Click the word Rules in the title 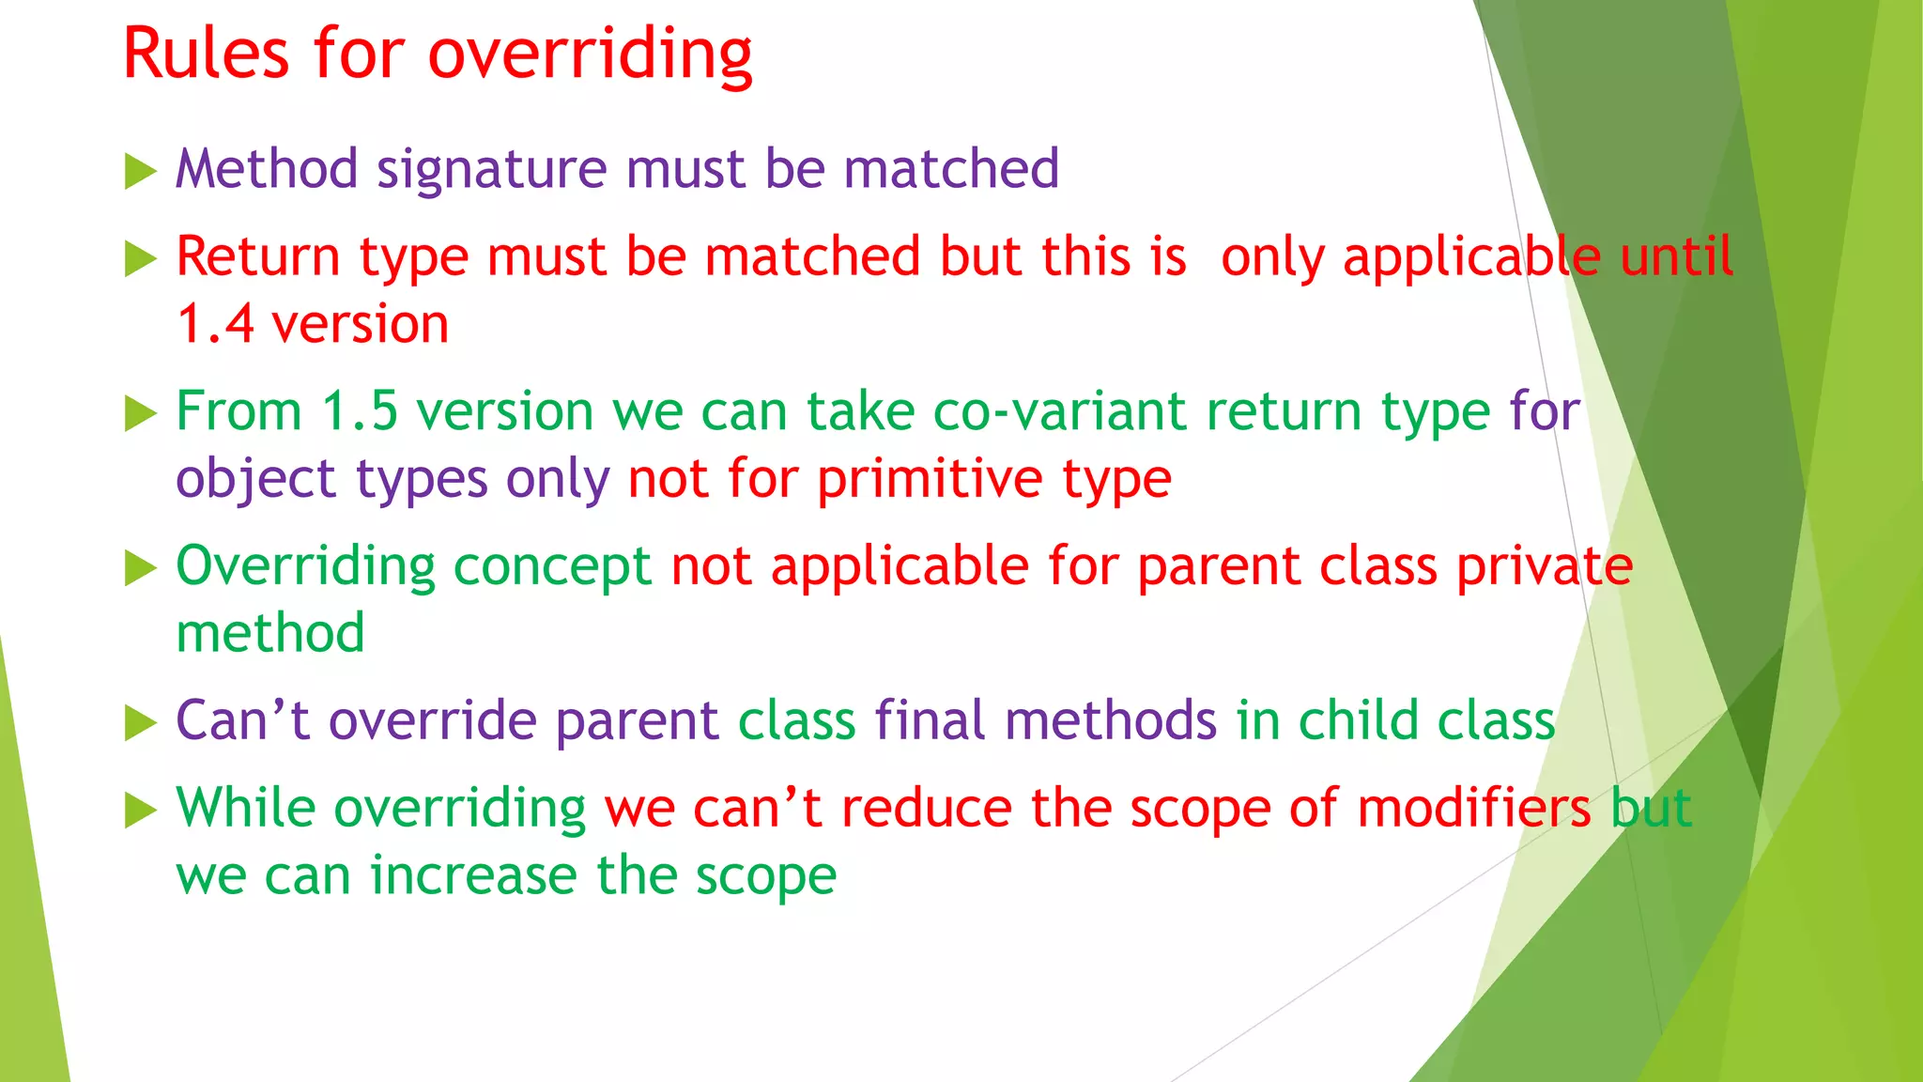click(205, 54)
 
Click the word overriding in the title click(590, 54)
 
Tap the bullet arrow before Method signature click(140, 172)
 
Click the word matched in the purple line click(950, 169)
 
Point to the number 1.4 click(215, 324)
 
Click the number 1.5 click(360, 411)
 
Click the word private click(1545, 566)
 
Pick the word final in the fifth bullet click(930, 720)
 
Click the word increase click(473, 875)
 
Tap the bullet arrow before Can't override click(140, 723)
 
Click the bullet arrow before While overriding click(140, 811)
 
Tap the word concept click(552, 566)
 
